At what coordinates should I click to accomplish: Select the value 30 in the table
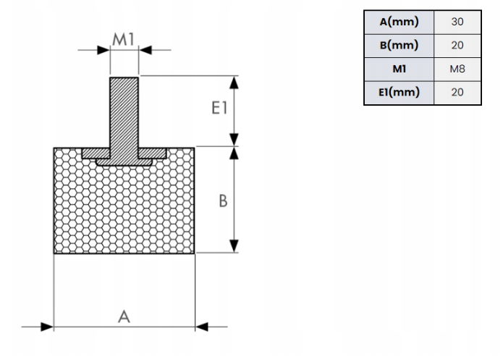pos(457,22)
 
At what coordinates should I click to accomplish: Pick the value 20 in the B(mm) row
pos(457,45)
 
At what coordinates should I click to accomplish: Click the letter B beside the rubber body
pos(224,201)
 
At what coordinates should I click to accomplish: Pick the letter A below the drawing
pos(124,316)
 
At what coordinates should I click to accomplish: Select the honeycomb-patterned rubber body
pos(124,210)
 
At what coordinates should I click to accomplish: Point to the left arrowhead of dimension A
pos(48,327)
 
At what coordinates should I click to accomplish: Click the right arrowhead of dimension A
pos(201,327)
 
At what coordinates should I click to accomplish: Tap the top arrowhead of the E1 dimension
pos(234,81)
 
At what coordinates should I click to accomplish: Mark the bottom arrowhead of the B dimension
pos(234,247)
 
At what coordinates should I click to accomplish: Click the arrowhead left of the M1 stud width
pos(103,50)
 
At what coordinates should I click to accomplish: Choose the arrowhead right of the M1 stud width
pos(144,50)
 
